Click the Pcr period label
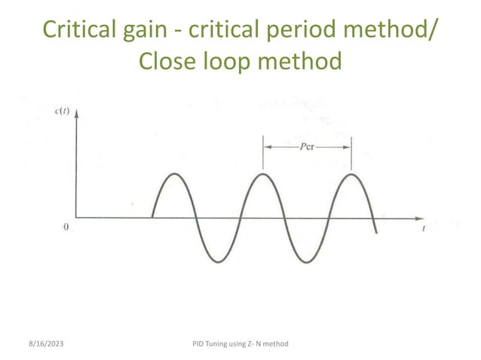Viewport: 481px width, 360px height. [x=307, y=148]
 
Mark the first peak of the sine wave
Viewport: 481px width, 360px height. [x=174, y=174]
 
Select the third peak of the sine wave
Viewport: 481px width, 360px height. [x=351, y=174]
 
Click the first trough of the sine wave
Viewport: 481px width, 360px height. [x=218, y=262]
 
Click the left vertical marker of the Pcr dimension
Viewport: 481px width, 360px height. [x=262, y=154]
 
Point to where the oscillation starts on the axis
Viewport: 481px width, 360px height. [x=152, y=218]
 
